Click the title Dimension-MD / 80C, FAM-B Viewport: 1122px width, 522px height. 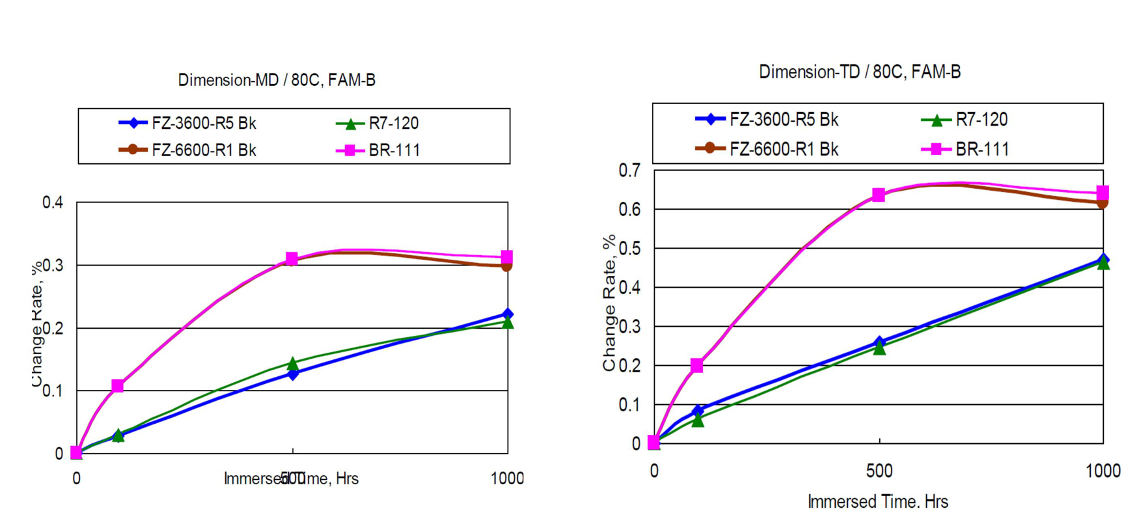(277, 80)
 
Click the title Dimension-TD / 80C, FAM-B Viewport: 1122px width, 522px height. (859, 72)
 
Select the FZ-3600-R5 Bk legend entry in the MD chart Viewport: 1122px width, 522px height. (203, 123)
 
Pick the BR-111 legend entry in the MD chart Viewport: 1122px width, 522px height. (394, 150)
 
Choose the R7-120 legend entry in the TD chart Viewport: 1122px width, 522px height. (981, 120)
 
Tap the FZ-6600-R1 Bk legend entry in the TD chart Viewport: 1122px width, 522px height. (783, 149)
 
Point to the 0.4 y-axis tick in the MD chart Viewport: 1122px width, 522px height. (53, 202)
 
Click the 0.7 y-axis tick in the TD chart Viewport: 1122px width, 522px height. (629, 171)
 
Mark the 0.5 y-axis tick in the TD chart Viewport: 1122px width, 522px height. (629, 249)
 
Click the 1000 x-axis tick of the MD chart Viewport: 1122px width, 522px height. (507, 478)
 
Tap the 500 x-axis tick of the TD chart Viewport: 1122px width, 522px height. (879, 471)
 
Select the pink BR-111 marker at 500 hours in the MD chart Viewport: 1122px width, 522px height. (292, 259)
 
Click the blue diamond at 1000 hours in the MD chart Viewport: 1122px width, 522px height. (508, 314)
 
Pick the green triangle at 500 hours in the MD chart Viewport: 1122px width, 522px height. (293, 363)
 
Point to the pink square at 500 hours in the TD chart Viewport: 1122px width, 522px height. (879, 195)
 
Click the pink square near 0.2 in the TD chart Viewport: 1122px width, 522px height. (697, 366)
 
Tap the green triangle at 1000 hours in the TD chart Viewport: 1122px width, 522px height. (1103, 264)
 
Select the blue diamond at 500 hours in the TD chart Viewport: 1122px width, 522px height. (879, 342)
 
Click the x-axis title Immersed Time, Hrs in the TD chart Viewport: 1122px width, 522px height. (877, 502)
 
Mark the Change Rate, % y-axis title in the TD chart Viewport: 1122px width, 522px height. (609, 303)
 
